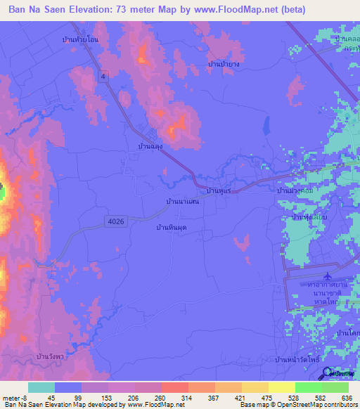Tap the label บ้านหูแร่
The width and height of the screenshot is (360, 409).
219,190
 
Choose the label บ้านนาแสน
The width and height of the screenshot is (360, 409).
182,202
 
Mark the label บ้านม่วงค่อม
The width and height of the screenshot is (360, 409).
295,190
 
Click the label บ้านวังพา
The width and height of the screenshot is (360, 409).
52,358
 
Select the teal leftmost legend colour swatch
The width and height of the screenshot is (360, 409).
41,387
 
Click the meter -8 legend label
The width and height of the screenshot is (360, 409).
16,398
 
